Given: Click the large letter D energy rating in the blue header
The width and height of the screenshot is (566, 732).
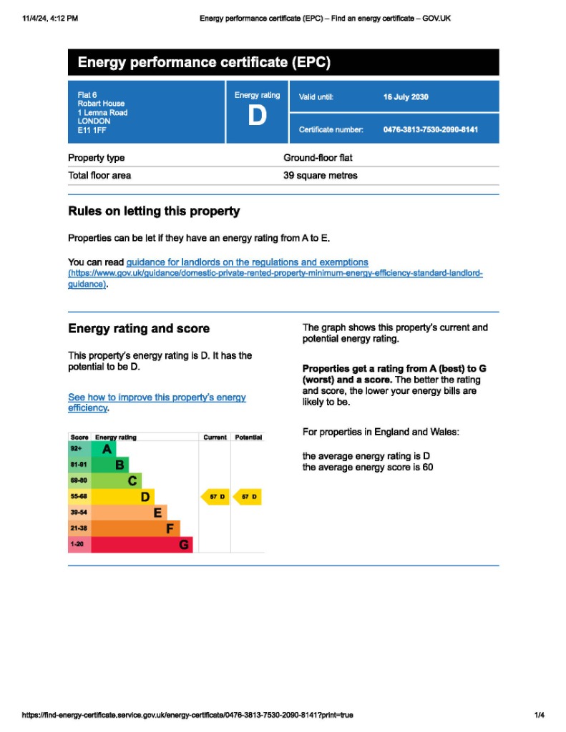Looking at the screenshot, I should (257, 117).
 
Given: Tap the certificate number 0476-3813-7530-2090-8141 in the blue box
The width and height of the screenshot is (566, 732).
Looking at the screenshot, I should (430, 129).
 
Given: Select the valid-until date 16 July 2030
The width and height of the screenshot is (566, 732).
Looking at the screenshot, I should (406, 97).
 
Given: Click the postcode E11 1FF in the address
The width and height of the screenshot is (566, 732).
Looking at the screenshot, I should (92, 130).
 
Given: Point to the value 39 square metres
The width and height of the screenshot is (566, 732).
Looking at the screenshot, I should (320, 175).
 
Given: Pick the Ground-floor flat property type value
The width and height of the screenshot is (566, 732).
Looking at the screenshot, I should (318, 157).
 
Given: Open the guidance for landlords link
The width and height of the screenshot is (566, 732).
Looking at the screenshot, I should (247, 262).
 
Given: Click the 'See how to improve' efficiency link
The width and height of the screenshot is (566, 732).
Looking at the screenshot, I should (157, 397).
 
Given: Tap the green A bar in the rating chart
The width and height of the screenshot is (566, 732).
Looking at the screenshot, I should (105, 449).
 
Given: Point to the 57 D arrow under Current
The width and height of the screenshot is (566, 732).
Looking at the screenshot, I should (215, 497).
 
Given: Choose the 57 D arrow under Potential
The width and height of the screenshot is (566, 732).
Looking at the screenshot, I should (248, 497).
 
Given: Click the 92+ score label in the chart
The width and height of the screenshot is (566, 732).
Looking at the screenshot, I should (77, 449).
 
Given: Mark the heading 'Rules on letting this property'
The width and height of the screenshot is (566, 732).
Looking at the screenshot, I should (154, 211).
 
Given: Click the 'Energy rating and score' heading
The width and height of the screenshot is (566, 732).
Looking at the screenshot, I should (139, 329).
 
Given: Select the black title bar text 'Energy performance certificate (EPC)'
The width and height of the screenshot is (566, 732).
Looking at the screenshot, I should (204, 62).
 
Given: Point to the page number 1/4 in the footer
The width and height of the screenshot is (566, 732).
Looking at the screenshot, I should (539, 715).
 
